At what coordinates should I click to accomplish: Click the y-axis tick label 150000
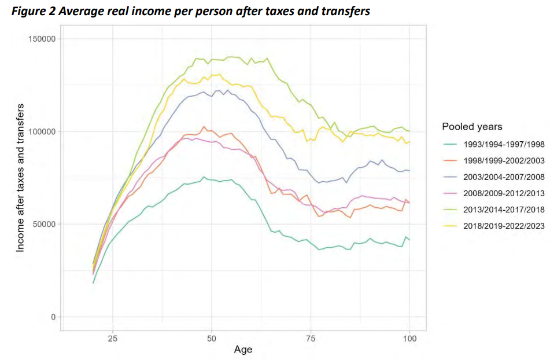42,39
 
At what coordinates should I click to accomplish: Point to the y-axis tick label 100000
42,131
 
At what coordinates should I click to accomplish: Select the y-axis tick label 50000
44,224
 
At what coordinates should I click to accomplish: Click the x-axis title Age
243,350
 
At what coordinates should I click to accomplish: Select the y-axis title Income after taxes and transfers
21,178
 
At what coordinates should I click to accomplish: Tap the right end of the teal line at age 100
409,239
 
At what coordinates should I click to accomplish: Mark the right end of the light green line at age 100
409,131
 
